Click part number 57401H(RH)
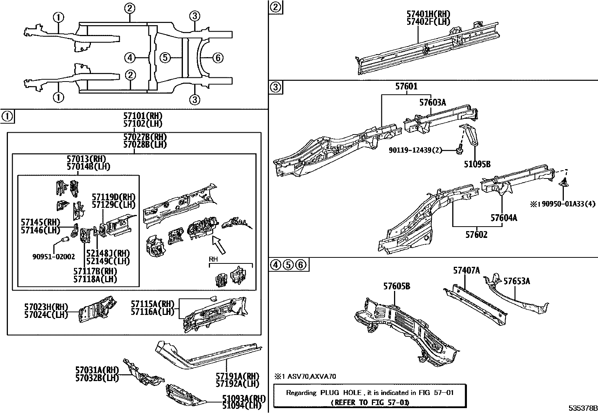coord(428,14)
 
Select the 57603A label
coord(432,102)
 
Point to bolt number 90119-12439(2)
coord(415,150)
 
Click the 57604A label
coord(503,218)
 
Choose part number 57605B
coord(397,286)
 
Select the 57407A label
coord(466,270)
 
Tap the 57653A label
coord(516,281)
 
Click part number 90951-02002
coord(53,257)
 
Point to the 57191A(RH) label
coord(237,376)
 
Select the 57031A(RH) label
coord(97,370)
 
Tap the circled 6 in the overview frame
coord(218,58)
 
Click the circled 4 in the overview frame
coord(130,58)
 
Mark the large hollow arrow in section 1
coord(219,244)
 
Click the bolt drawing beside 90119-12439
coord(459,150)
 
